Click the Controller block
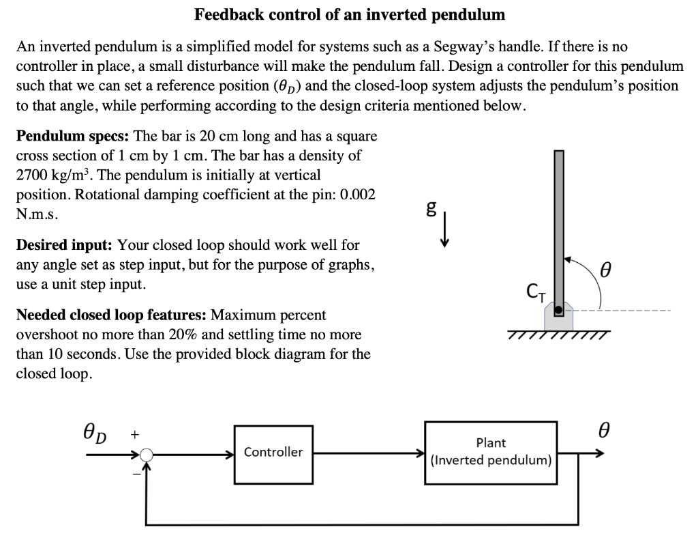click(x=273, y=452)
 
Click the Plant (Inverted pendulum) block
click(x=491, y=452)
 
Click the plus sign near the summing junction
click(x=134, y=433)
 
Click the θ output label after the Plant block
click(x=603, y=431)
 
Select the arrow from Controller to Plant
click(x=368, y=452)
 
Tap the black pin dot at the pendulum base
click(x=558, y=311)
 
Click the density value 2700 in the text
click(x=32, y=175)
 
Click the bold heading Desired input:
click(x=64, y=244)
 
